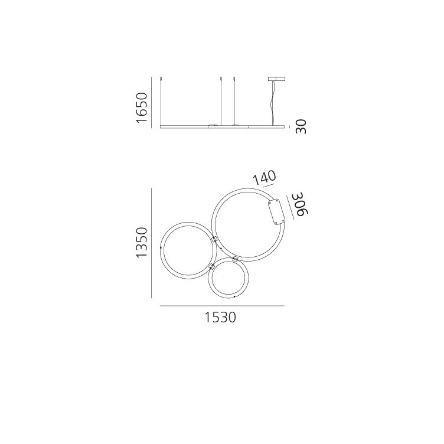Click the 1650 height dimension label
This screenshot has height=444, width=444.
(141, 107)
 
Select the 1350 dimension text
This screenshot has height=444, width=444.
(141, 243)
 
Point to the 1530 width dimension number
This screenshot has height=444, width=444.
(220, 318)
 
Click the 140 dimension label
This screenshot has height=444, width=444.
(264, 178)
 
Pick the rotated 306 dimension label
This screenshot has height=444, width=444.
(299, 204)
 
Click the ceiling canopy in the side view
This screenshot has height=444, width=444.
(276, 79)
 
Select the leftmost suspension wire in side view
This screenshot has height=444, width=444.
(162, 100)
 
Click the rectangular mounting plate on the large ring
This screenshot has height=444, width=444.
(276, 212)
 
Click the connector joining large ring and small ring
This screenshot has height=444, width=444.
(235, 259)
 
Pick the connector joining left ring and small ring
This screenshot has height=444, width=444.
(211, 267)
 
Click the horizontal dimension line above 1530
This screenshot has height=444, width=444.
(222, 306)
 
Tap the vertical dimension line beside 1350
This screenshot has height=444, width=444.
(152, 243)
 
